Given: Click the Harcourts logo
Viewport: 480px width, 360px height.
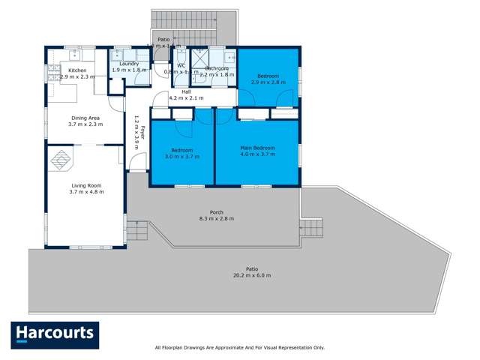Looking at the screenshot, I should (55, 334).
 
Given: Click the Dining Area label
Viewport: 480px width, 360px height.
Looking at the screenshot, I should (85, 118).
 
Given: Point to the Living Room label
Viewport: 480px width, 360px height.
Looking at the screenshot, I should (85, 185).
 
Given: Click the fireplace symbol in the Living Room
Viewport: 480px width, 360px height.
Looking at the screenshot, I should (61, 159).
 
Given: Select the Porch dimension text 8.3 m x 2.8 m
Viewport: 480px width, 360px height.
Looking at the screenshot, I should (217, 218).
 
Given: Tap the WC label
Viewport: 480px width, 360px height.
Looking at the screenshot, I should (181, 65).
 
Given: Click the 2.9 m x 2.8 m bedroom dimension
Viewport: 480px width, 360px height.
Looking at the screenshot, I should (268, 82).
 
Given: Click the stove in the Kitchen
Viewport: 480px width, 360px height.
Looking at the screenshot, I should (53, 72).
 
